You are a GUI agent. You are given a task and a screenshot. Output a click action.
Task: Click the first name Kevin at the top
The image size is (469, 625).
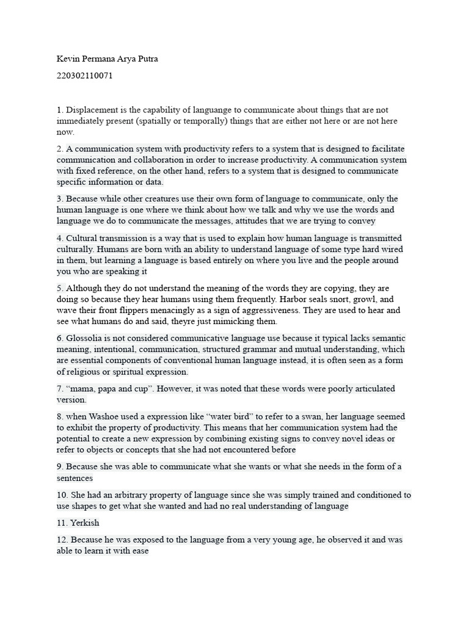click(x=68, y=59)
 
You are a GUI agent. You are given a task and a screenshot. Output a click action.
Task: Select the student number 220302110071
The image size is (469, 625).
click(x=84, y=76)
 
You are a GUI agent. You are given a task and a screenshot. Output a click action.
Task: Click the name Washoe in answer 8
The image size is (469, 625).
click(x=104, y=416)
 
